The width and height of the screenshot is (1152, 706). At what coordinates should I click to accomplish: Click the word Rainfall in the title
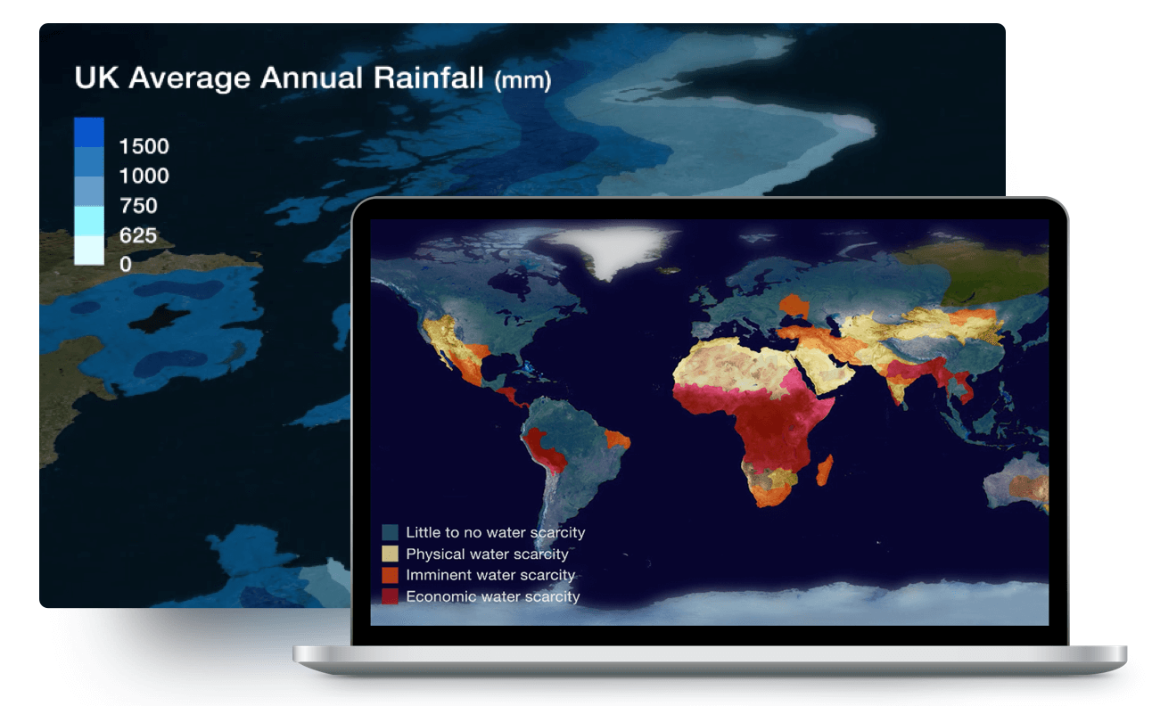click(428, 78)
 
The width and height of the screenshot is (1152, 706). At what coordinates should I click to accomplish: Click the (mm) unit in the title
click(523, 81)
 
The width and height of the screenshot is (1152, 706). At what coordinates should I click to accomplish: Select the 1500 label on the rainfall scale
click(144, 146)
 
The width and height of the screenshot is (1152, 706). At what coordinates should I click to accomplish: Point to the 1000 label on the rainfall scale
click(144, 176)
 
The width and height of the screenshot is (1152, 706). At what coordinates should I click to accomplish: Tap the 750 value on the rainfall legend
click(138, 206)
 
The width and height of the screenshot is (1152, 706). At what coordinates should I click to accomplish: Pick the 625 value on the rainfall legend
click(138, 235)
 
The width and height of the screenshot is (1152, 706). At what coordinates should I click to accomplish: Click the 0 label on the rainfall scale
click(126, 264)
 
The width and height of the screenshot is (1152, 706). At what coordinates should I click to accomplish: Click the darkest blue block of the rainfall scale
click(89, 133)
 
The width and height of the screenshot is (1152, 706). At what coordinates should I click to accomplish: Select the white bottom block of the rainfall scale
click(89, 250)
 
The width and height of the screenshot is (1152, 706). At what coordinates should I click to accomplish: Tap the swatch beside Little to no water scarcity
click(390, 532)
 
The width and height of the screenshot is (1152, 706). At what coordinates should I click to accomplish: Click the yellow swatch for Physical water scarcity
click(390, 554)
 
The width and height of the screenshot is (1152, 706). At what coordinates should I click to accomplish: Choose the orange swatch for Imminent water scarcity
click(390, 575)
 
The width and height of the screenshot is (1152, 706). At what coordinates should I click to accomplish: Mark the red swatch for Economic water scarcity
click(390, 596)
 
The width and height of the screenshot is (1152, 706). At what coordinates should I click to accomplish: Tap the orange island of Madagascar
click(825, 470)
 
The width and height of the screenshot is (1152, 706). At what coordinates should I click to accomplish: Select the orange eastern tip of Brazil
click(617, 439)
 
